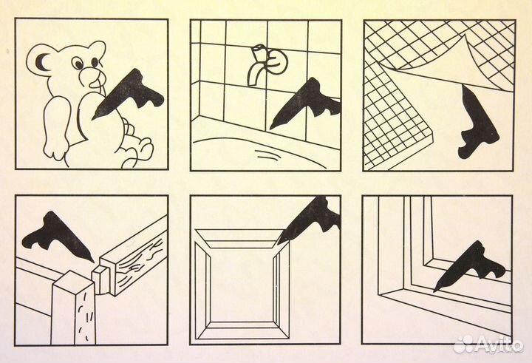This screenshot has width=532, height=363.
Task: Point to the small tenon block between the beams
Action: click(100, 279)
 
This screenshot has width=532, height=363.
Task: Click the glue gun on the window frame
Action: click(470, 265)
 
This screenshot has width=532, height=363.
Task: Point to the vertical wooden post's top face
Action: click(72, 279)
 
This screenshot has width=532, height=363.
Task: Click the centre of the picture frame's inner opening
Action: click(242, 285)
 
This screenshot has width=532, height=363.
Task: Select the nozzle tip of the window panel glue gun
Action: click(434, 291)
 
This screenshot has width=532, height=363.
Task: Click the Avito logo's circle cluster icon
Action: click(464, 345)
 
